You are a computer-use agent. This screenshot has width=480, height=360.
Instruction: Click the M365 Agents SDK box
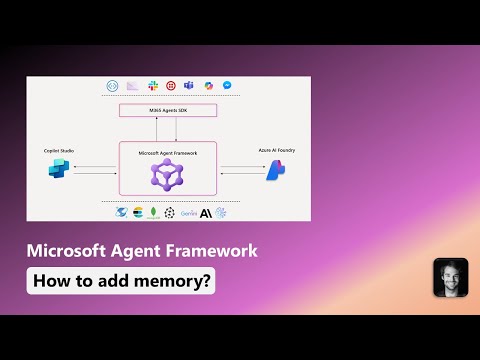[x=167, y=109]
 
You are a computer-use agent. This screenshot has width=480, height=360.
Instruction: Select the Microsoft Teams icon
[x=189, y=87]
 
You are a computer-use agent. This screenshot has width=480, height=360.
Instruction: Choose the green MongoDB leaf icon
[x=153, y=212]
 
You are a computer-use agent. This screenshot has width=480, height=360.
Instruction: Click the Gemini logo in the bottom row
[x=187, y=213]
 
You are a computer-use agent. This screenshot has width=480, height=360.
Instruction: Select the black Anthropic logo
[x=205, y=212]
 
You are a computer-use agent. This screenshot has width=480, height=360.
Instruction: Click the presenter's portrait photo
[x=450, y=276]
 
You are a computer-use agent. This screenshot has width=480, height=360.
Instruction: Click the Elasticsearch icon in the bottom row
[x=137, y=212]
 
